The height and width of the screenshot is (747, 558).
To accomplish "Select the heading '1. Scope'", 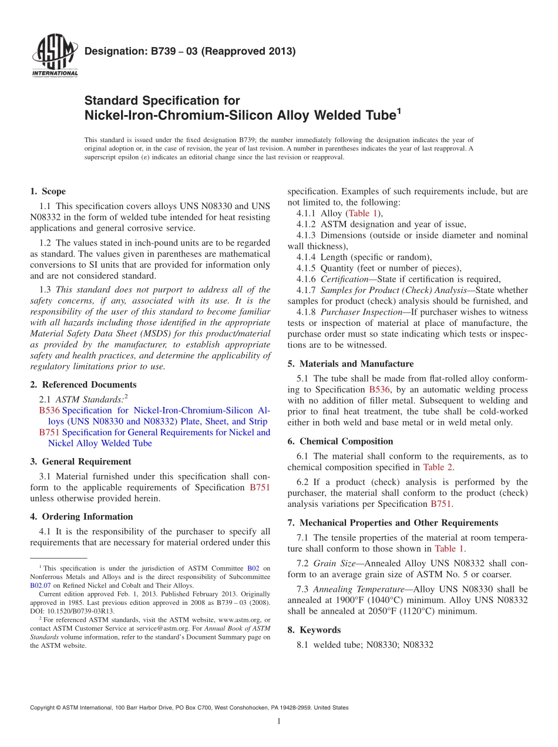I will click(48, 191).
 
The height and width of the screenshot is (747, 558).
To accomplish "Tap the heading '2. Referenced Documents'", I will click(83, 385).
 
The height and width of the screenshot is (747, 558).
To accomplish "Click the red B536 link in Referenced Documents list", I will click(49, 410).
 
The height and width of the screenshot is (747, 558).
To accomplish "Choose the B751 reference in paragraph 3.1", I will click(260, 487).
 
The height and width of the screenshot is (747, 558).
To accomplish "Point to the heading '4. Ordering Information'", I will click(81, 517).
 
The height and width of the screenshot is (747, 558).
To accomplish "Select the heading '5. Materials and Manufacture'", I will click(350, 364).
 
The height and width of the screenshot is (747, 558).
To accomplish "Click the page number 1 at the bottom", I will click(279, 721).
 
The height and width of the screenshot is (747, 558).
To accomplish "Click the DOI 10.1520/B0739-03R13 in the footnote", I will click(78, 611).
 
